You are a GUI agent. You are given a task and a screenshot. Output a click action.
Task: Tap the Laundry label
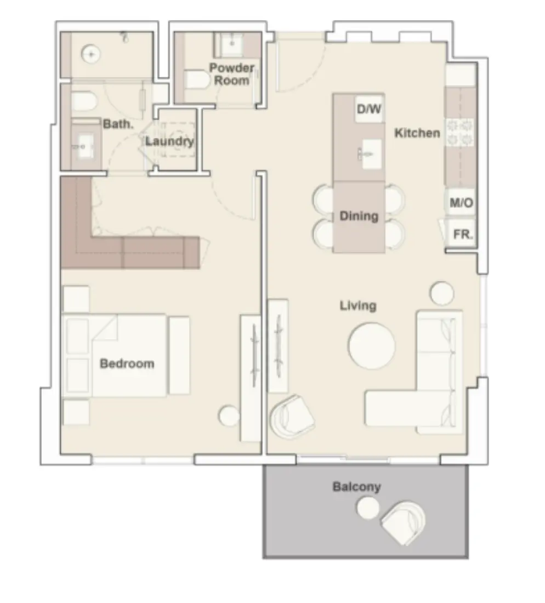point(169,141)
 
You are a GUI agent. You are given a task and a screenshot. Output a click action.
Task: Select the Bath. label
point(118,124)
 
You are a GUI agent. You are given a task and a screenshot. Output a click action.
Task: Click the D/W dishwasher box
point(368,110)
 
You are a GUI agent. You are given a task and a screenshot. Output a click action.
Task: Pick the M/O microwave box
point(461,203)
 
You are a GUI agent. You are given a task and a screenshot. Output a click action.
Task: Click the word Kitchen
point(417,133)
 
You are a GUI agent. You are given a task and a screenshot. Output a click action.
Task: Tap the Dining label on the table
point(359,216)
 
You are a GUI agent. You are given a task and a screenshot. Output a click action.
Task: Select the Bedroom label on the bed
point(127,363)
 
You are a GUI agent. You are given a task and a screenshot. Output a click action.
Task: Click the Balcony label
point(356,487)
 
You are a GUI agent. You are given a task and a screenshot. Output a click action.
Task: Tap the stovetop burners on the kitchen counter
point(459,131)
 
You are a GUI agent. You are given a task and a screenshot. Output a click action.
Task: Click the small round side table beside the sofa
point(442,293)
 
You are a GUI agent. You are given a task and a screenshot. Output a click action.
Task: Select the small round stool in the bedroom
point(229,416)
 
